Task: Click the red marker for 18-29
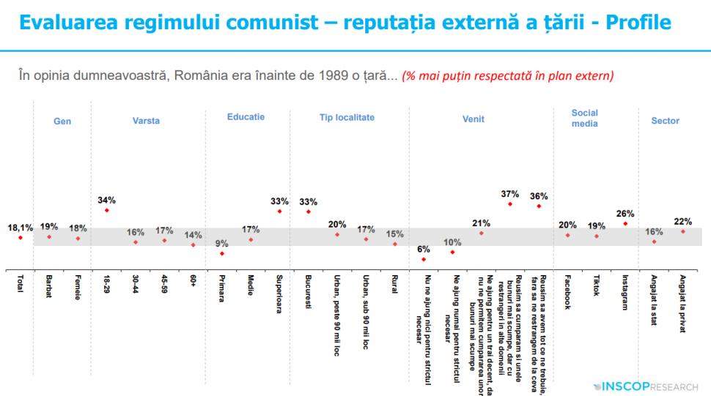(x=107, y=211)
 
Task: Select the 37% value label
(x=510, y=194)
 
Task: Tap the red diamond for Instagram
(x=625, y=223)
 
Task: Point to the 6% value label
(x=423, y=249)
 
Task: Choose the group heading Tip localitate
(x=347, y=117)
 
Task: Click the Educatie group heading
(x=246, y=117)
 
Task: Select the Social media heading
(x=585, y=119)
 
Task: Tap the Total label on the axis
(x=20, y=285)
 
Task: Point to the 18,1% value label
(x=20, y=228)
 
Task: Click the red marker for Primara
(x=222, y=253)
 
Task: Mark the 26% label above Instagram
(x=625, y=214)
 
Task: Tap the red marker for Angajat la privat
(x=683, y=231)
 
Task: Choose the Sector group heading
(x=666, y=121)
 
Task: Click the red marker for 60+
(x=194, y=244)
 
